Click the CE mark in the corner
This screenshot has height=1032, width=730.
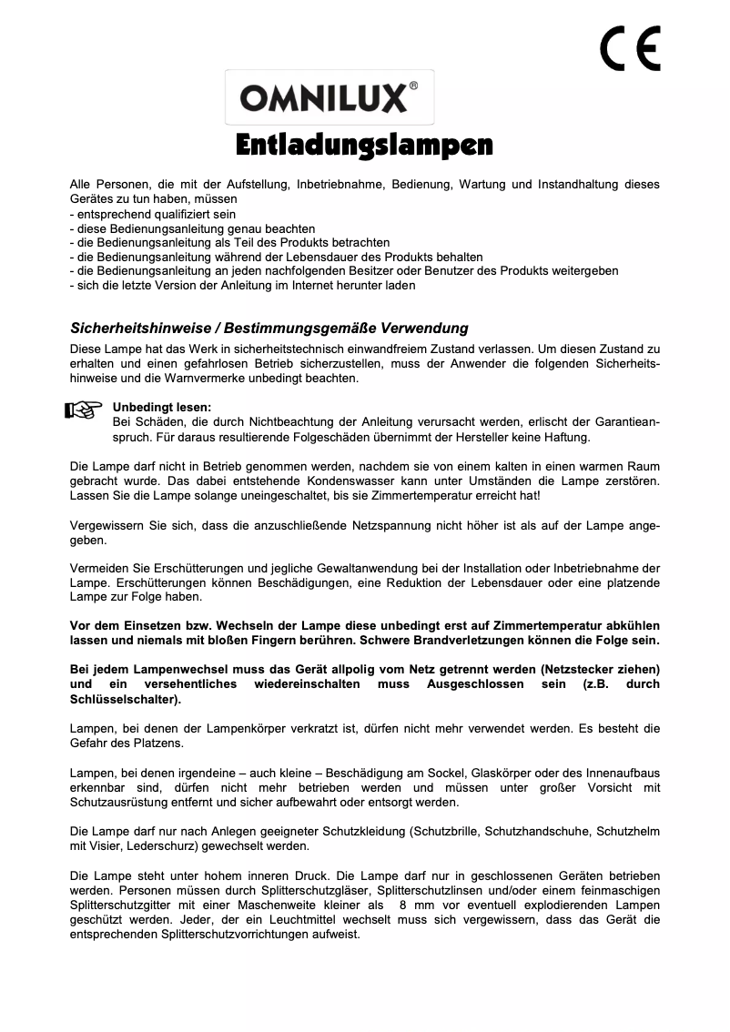(631, 49)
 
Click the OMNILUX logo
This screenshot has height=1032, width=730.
(323, 97)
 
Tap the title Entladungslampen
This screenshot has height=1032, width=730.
(364, 145)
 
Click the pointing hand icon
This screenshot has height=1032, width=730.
(83, 411)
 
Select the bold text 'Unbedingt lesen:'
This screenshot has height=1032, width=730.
(161, 407)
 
